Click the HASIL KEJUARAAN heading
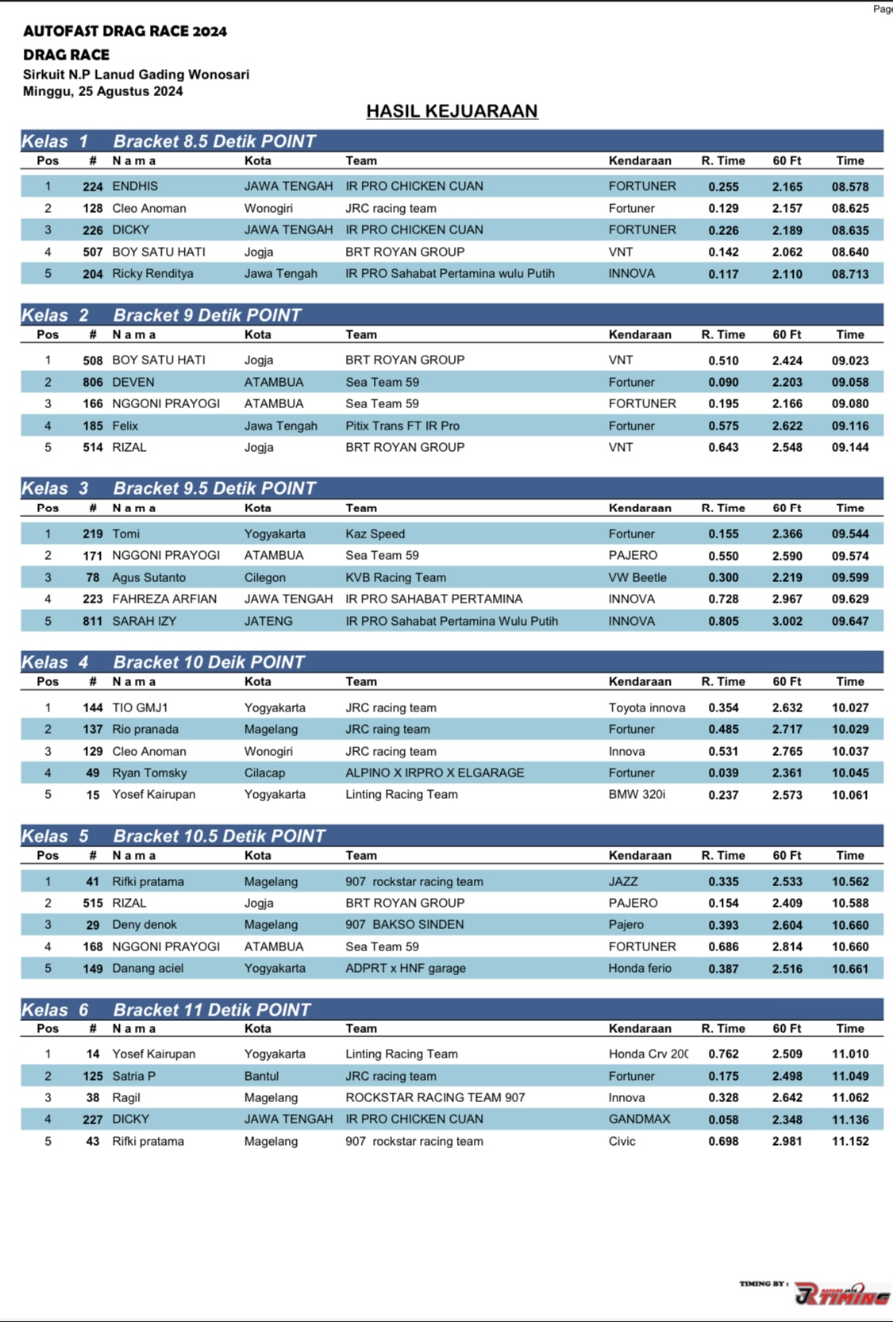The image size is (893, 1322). [x=452, y=111]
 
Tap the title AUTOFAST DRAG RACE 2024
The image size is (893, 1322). [x=125, y=32]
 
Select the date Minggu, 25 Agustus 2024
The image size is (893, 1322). [x=103, y=91]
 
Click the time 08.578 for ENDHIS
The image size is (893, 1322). [x=849, y=187]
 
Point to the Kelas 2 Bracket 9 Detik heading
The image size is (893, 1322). [x=161, y=315]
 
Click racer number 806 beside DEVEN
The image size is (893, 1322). [x=93, y=382]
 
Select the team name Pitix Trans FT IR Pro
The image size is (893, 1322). [x=402, y=426]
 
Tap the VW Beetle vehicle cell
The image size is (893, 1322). [x=637, y=577]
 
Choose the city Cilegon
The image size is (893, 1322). [x=265, y=577]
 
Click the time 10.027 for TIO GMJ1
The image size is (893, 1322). [x=849, y=707]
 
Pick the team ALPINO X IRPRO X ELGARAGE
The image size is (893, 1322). [x=435, y=773]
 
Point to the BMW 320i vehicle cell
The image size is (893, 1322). [x=637, y=794]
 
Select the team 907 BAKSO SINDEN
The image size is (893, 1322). [x=405, y=924]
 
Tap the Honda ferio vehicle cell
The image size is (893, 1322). [x=640, y=968]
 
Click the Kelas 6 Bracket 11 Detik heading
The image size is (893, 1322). [x=166, y=1010]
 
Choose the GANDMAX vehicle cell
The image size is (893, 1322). [x=639, y=1119]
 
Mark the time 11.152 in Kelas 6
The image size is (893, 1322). [x=849, y=1141]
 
